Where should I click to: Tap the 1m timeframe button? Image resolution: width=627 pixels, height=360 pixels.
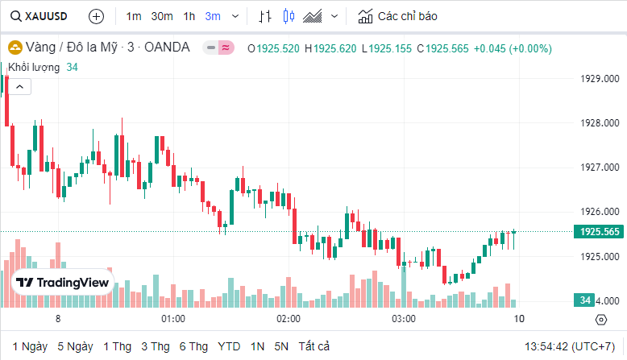point(134,16)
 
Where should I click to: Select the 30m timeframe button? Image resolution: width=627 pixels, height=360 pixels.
point(162,16)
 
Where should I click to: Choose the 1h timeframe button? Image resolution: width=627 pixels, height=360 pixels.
point(189,16)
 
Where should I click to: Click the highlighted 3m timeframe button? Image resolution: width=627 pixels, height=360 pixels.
point(213,16)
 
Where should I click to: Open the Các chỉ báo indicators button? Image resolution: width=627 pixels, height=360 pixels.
point(398,16)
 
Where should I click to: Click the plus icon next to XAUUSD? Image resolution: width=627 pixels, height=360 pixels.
point(96,16)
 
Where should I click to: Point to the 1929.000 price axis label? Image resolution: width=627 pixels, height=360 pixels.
point(600,79)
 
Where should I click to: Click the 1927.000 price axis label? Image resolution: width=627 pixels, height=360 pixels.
point(600,168)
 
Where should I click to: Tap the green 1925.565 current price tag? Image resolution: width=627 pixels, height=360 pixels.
point(599,232)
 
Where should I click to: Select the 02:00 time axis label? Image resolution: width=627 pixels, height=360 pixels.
point(289,319)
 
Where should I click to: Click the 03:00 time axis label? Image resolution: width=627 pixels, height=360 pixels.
point(404,319)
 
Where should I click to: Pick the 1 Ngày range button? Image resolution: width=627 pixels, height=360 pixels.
point(30,346)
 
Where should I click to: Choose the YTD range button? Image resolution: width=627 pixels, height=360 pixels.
point(229,346)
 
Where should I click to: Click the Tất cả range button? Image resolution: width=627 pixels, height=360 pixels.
point(314,346)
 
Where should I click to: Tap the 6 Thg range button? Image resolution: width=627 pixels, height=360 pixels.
point(193,346)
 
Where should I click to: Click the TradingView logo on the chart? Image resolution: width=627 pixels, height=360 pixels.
point(63,283)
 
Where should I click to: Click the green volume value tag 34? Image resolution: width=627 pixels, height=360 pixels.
point(586,300)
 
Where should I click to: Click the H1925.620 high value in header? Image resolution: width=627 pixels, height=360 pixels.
point(330,48)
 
